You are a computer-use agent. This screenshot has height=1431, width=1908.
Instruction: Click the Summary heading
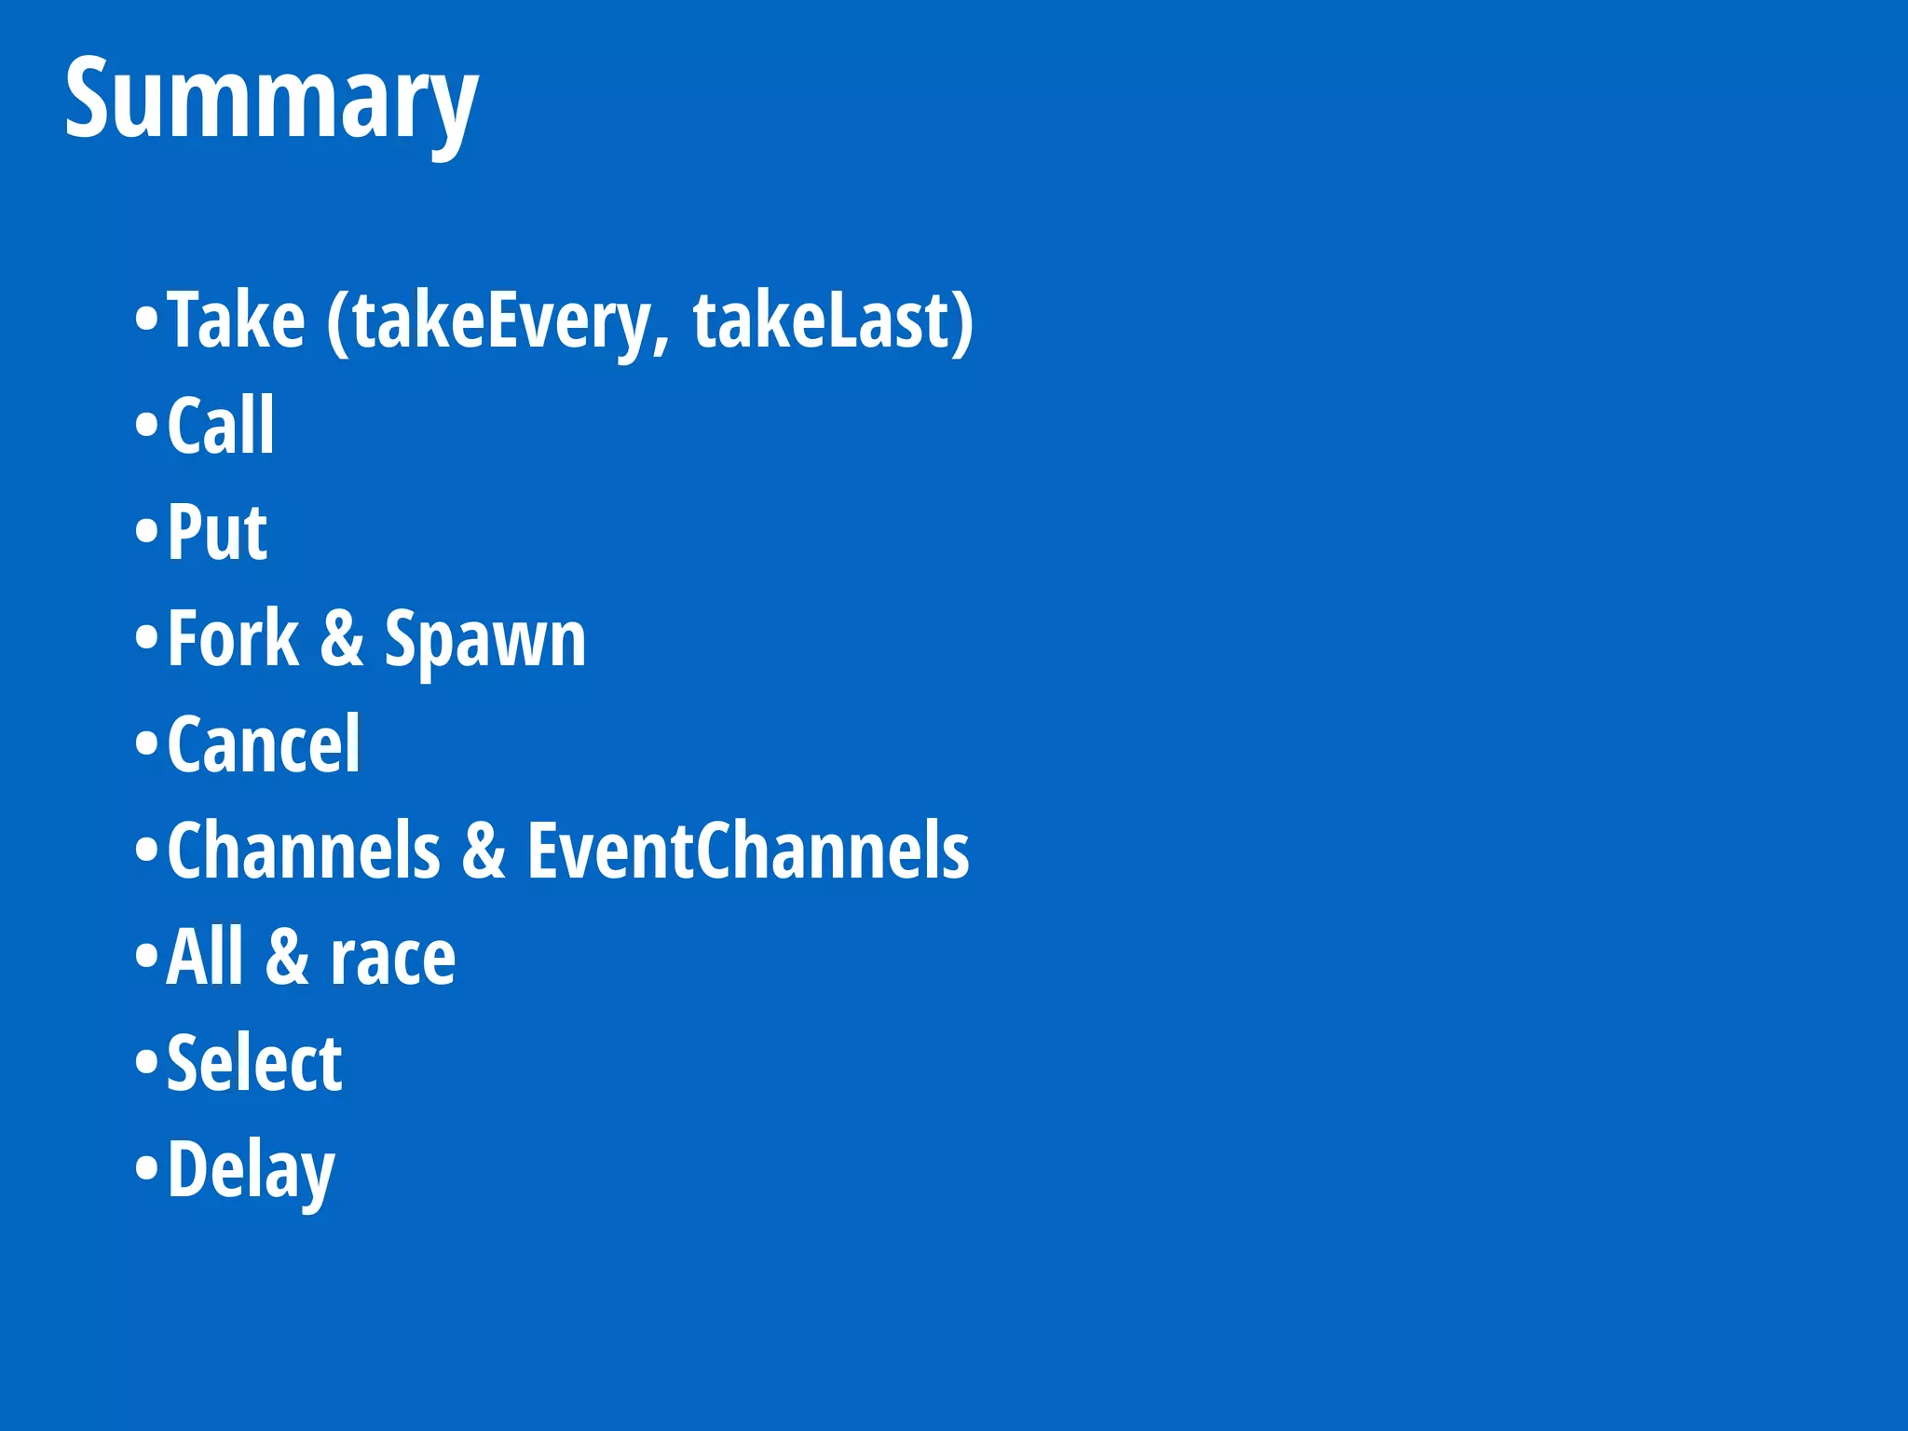pos(270,99)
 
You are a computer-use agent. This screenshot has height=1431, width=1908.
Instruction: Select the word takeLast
pos(820,321)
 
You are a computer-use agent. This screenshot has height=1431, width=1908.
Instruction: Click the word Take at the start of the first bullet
pos(237,321)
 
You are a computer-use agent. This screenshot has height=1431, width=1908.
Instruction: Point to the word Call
pos(222,426)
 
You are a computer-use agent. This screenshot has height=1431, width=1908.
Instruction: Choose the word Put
pos(218,532)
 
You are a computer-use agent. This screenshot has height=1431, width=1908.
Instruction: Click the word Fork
pos(233,638)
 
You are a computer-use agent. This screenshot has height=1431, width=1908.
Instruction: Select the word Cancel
pos(264,744)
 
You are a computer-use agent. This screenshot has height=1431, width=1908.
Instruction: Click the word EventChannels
pos(748,851)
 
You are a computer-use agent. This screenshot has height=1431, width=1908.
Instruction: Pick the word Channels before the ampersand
pos(304,851)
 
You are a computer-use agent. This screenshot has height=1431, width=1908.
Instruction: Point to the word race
pos(393,959)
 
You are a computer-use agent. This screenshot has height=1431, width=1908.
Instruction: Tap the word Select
pos(254,1063)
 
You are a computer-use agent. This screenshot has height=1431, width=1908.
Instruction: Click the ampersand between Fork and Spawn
pos(342,639)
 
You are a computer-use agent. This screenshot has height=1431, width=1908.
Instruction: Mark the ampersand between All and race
pos(287,957)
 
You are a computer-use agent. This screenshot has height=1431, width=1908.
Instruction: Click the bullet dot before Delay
pos(147,1168)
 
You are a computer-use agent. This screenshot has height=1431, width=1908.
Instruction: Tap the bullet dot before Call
pos(147,426)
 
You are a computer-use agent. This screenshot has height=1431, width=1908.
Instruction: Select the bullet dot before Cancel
pos(147,744)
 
